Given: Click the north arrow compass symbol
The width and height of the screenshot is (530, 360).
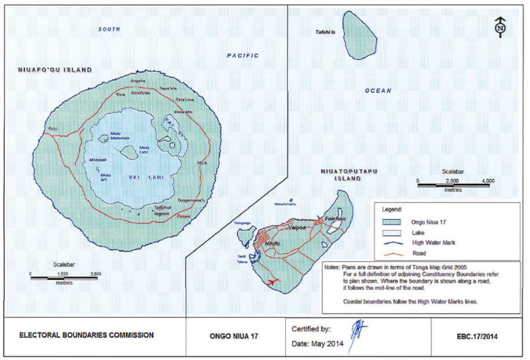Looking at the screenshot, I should [x=500, y=27].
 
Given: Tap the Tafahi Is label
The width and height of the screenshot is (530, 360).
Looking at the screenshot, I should [x=325, y=32].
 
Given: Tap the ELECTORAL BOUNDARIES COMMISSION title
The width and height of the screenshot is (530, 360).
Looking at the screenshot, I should [x=87, y=335].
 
